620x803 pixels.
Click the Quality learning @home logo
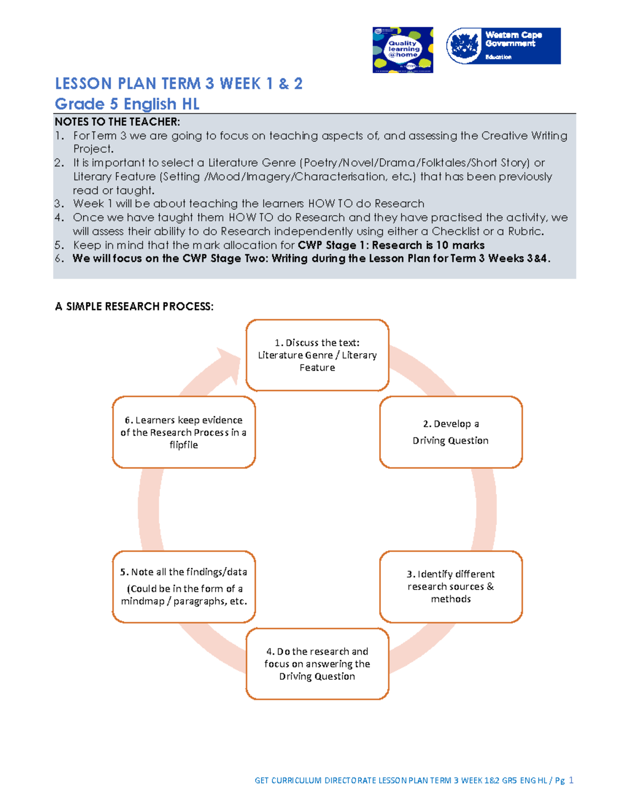(402, 50)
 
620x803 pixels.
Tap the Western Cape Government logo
(503, 46)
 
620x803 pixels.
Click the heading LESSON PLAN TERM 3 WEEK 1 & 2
(179, 84)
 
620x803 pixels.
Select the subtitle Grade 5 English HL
(127, 104)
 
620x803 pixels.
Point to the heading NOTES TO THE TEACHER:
(117, 122)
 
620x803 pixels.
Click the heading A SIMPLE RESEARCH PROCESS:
(134, 307)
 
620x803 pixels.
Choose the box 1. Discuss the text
(317, 355)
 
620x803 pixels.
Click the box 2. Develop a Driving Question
(451, 432)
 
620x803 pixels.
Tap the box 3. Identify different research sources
(451, 586)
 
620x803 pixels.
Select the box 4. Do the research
(317, 664)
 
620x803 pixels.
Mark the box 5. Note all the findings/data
(184, 586)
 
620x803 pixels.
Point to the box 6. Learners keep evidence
(184, 432)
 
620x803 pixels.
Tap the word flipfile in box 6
(184, 445)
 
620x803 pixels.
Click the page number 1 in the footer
(571, 780)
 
